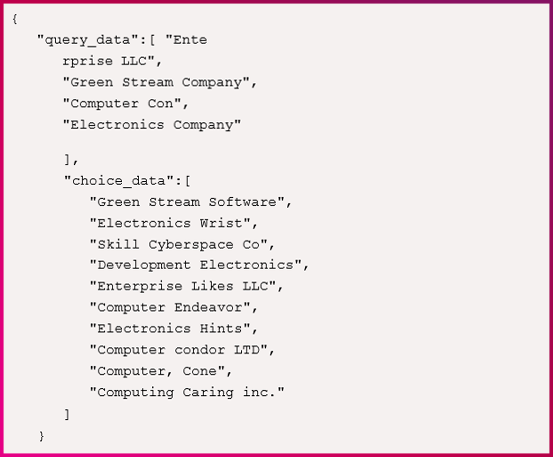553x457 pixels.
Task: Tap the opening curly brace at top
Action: tap(15, 19)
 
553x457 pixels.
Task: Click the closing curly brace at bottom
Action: tap(42, 435)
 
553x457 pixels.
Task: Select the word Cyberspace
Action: tap(191, 245)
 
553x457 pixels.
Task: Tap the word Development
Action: tap(144, 265)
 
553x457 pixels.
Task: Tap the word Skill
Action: tap(118, 245)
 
